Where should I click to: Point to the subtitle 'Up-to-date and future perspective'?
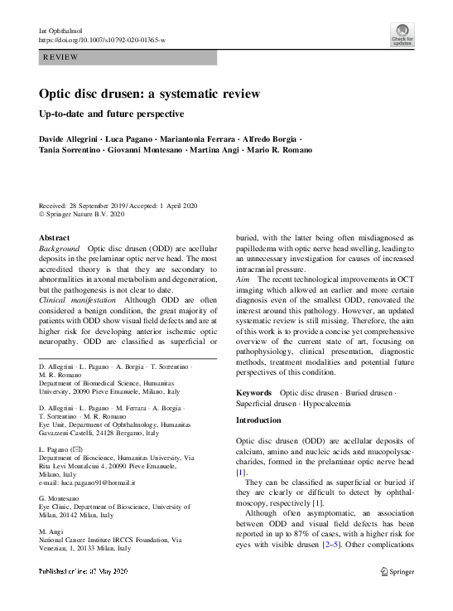111,114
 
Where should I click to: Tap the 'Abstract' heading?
55,238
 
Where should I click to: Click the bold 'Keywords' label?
253,392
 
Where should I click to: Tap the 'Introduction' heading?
259,420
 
